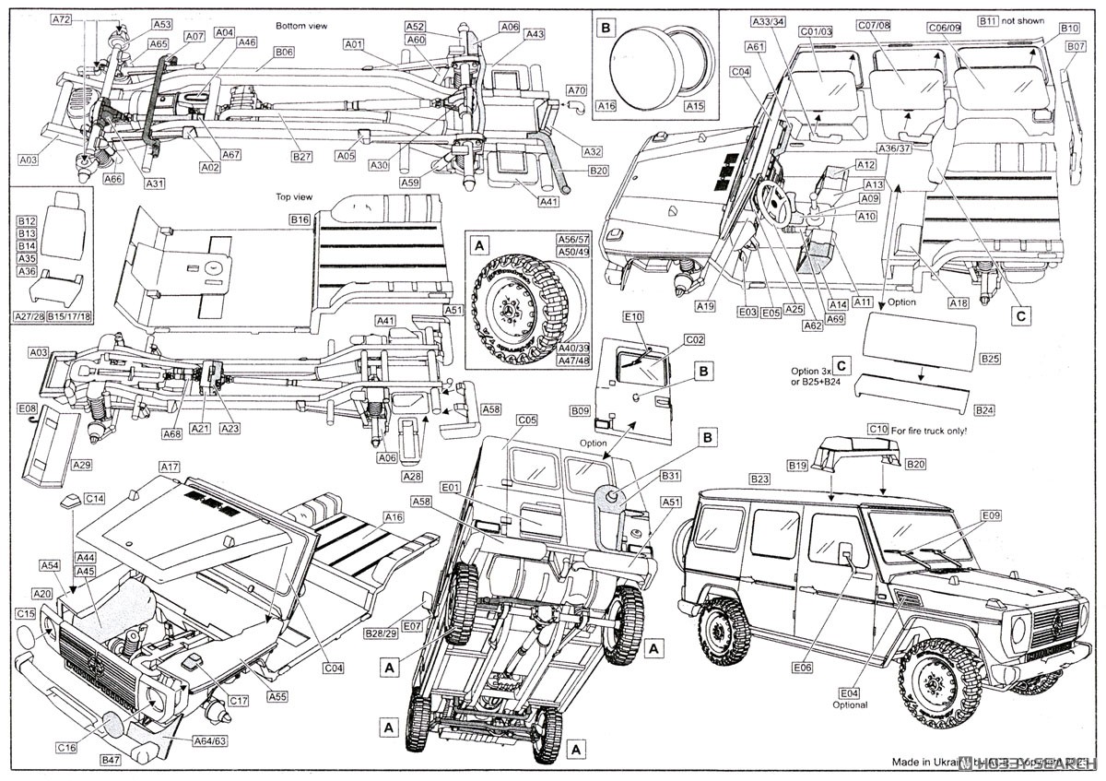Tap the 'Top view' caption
point(295,196)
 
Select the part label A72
point(62,19)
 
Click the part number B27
point(302,158)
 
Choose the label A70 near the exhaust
point(576,90)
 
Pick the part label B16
point(299,220)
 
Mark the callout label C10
point(877,430)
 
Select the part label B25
point(990,358)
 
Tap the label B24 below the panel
point(984,409)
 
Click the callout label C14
point(94,498)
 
